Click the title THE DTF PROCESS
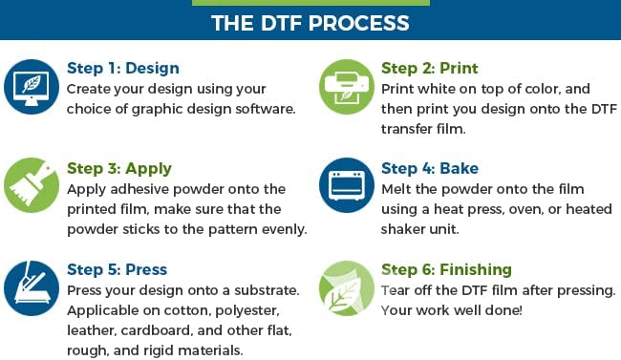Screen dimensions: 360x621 [310, 22]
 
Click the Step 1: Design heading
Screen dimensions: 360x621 [122, 68]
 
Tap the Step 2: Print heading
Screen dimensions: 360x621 [429, 68]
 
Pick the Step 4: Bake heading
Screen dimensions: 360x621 [429, 168]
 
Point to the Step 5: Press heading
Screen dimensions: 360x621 [117, 269]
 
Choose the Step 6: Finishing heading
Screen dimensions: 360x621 [446, 269]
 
